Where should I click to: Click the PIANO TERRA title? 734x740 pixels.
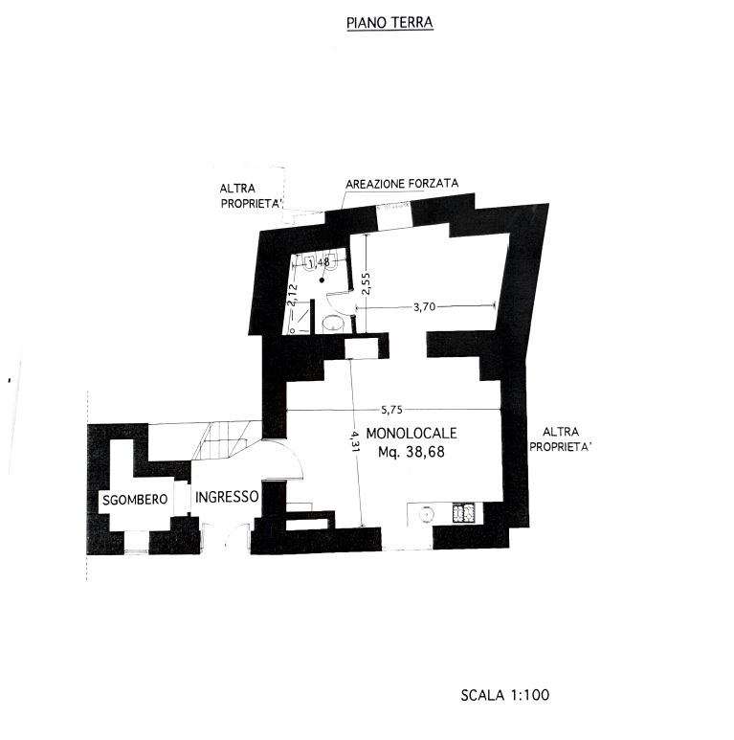(x=389, y=23)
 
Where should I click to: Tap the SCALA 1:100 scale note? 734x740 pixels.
(x=504, y=695)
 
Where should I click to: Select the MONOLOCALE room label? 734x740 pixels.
(x=411, y=433)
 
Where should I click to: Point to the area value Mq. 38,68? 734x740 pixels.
(x=411, y=452)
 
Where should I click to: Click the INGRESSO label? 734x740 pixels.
(x=227, y=497)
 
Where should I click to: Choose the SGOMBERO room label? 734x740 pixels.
(x=135, y=500)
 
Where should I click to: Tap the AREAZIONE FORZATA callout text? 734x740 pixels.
(x=402, y=184)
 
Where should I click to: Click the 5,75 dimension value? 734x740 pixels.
(x=391, y=410)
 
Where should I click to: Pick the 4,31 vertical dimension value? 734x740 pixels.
(x=355, y=440)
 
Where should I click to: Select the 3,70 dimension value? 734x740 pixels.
(x=424, y=306)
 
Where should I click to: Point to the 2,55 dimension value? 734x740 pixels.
(x=367, y=283)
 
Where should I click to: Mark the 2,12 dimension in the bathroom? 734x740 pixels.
(x=293, y=295)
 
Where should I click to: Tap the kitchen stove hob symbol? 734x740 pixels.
(x=464, y=513)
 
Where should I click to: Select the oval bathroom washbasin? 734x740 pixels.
(x=333, y=324)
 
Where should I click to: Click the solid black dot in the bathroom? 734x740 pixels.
(x=322, y=280)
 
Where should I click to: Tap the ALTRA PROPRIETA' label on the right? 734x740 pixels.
(x=561, y=438)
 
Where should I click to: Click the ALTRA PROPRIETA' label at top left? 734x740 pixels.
(x=252, y=196)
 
